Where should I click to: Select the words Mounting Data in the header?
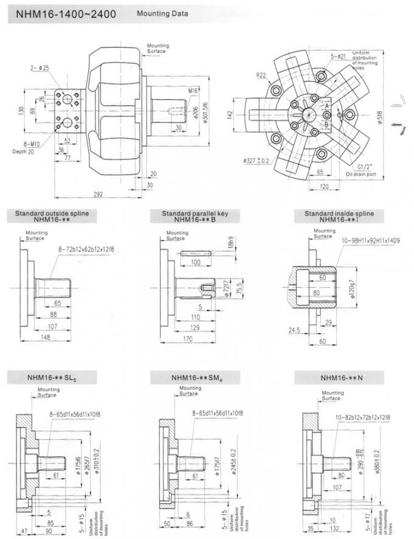pos(162,13)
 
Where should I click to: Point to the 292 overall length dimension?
pos(98,194)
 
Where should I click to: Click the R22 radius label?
pos(261,75)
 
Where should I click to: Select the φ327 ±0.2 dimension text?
pos(257,160)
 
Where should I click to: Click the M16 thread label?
pos(194,91)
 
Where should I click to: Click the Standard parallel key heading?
pos(198,214)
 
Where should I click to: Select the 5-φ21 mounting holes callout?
pos(339,57)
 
